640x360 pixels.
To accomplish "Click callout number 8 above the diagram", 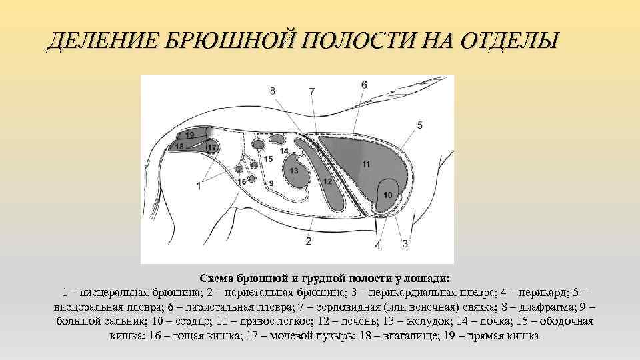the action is pyautogui.click(x=273, y=90).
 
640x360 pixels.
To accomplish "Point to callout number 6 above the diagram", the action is pyautogui.click(x=364, y=85).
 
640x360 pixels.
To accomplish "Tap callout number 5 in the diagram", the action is pyautogui.click(x=419, y=125).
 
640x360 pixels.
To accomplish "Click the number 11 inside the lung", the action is pyautogui.click(x=366, y=163).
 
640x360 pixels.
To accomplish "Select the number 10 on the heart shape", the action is pyautogui.click(x=389, y=194).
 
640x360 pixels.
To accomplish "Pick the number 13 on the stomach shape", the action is pyautogui.click(x=293, y=171).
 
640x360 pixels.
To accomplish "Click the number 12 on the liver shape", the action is pyautogui.click(x=327, y=181).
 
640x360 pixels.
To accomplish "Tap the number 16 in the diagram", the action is pyautogui.click(x=242, y=181).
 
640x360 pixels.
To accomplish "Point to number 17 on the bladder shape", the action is pyautogui.click(x=212, y=147).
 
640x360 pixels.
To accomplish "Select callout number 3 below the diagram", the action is pyautogui.click(x=405, y=244).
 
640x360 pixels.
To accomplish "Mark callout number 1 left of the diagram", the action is pyautogui.click(x=198, y=186).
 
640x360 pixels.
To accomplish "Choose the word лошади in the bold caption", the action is pyautogui.click(x=431, y=277).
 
